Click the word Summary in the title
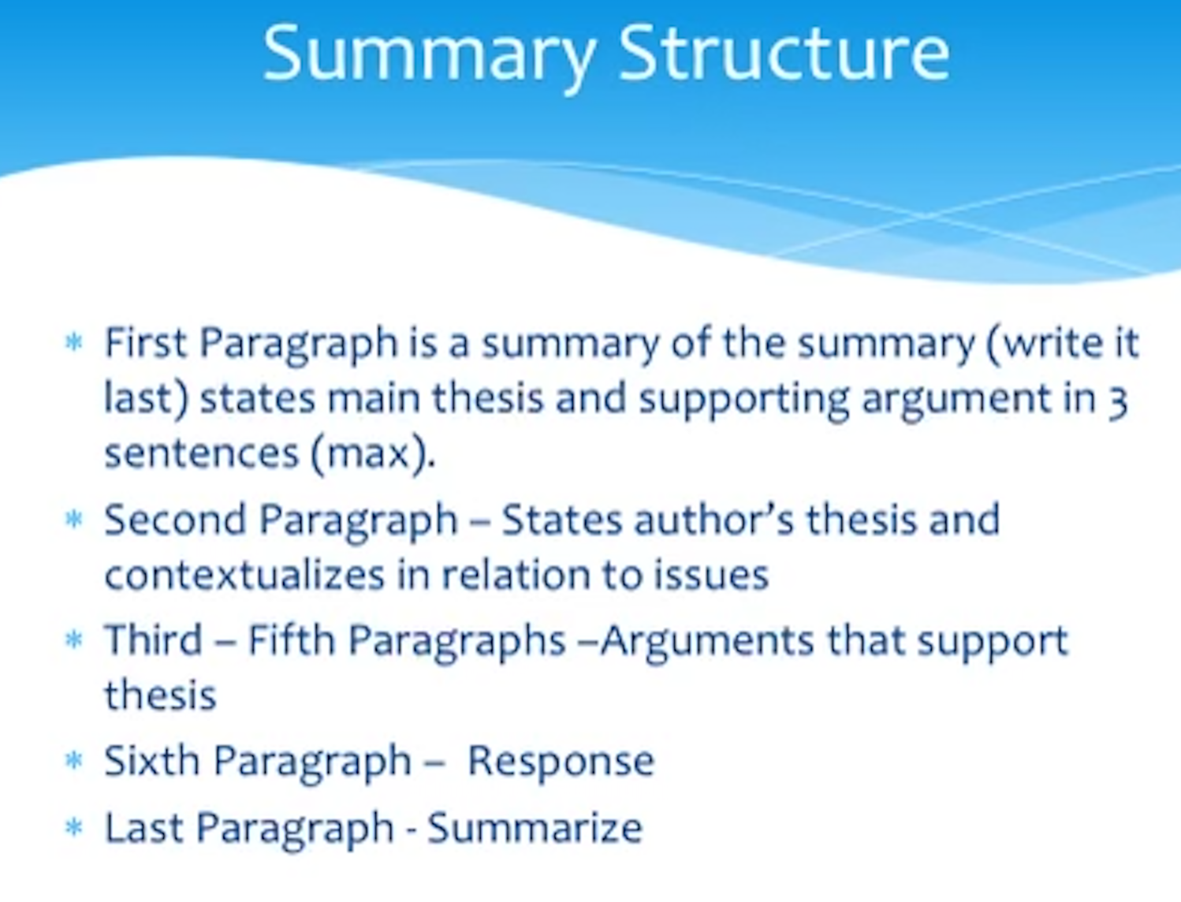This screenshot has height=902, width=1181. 429,54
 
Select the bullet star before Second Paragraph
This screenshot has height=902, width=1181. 74,520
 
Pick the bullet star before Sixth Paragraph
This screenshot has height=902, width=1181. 74,761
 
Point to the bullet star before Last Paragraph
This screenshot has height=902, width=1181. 74,828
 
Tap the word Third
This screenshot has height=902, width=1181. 153,639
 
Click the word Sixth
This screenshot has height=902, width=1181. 151,761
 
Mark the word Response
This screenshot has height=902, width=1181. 561,761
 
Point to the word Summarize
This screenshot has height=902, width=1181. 535,828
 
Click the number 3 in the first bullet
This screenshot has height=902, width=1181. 1117,400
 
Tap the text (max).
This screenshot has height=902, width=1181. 372,453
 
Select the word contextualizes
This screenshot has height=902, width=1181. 244,576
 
